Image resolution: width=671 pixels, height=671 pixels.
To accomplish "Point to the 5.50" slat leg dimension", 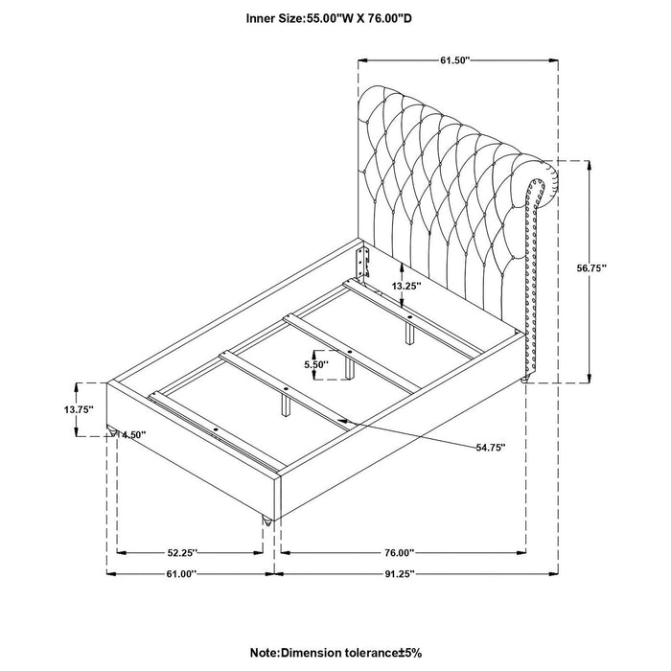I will coord(315,365).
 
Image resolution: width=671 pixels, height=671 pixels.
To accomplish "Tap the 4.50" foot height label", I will coord(134,434).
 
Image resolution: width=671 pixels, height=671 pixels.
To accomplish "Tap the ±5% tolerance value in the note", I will coord(408,652).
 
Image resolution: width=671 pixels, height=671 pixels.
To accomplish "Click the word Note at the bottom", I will coord(261,652).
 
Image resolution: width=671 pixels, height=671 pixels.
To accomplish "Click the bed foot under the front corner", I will coord(266,521).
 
